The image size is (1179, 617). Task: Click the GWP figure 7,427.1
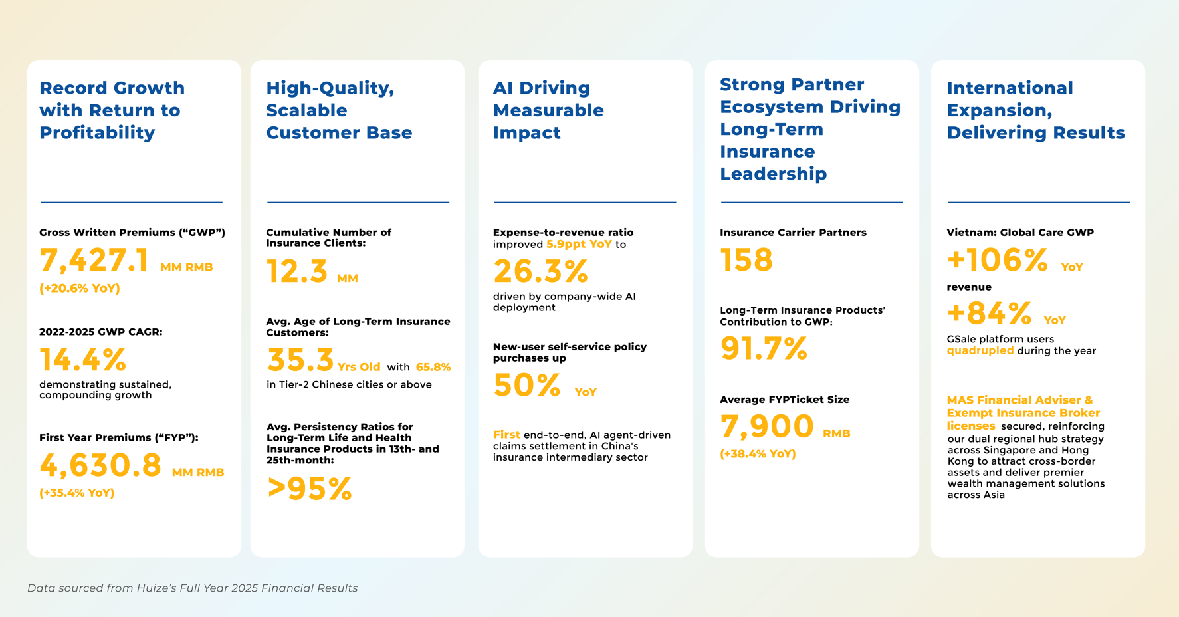94,260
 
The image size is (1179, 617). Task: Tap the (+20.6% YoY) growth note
80,288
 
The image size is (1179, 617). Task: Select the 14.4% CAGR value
82,360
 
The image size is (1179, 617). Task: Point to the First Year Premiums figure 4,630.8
100,465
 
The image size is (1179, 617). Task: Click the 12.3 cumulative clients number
297,271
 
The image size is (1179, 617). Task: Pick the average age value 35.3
300,360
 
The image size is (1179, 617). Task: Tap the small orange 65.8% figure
433,367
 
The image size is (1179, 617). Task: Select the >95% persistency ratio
309,489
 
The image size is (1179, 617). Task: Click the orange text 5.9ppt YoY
579,245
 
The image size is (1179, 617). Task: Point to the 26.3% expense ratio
540,271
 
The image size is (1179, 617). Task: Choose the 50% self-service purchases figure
526,385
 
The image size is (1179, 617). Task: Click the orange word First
506,435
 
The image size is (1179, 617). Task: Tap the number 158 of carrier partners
746,260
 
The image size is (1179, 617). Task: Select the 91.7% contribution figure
764,348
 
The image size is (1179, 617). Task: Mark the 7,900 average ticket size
767,426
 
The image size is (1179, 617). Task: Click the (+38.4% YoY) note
758,454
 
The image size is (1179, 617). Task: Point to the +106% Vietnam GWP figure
997,260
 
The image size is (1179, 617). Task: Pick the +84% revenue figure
989,313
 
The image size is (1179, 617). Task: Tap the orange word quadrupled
980,351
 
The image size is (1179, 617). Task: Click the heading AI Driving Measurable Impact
548,110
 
